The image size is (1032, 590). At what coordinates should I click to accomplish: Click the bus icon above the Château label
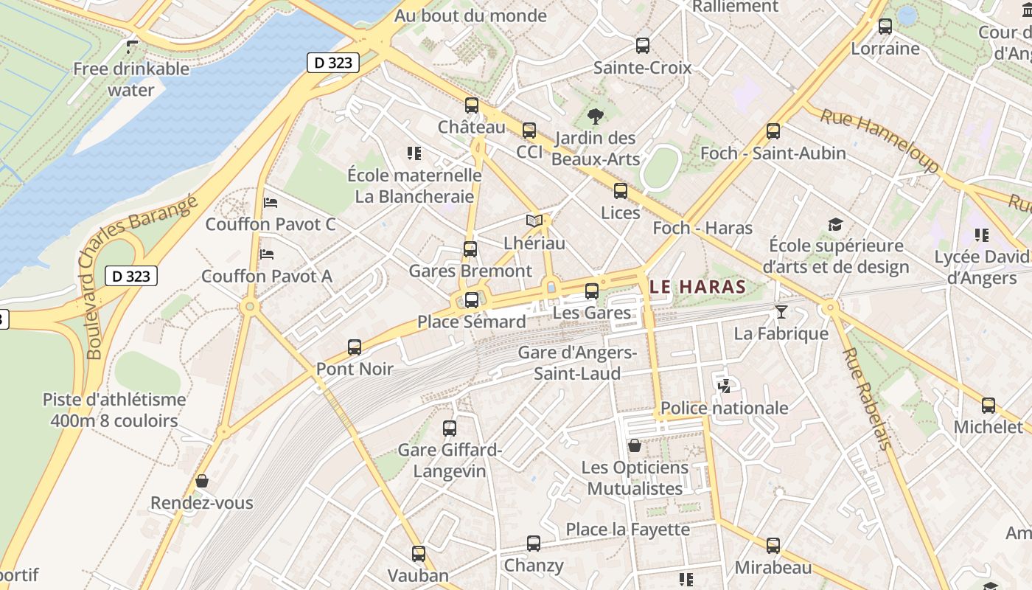[x=472, y=105]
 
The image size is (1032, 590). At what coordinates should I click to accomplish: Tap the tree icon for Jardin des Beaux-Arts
[x=595, y=116]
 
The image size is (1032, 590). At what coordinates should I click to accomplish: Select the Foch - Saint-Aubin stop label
[x=773, y=153]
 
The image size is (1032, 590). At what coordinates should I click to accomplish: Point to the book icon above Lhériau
[x=534, y=221]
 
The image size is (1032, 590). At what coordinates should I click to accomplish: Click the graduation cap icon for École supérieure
[x=835, y=224]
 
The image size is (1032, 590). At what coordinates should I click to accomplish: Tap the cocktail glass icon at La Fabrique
[x=781, y=312]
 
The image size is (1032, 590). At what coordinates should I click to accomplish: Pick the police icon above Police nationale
[x=724, y=386]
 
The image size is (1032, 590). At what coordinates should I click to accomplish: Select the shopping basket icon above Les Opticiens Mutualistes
[x=635, y=445]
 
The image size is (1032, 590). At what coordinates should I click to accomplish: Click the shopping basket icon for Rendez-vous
[x=202, y=481]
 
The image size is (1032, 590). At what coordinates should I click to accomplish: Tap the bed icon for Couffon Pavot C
[x=271, y=202]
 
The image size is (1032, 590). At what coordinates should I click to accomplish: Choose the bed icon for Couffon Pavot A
[x=267, y=254]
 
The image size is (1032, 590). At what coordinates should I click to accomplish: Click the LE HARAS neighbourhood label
[x=698, y=287]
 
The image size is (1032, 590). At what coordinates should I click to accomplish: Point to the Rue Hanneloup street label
[x=879, y=140]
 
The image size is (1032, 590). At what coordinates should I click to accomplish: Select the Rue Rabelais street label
[x=867, y=398]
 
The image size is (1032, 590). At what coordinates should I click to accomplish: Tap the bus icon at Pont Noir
[x=355, y=347]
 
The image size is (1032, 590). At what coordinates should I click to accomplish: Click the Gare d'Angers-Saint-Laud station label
[x=577, y=363]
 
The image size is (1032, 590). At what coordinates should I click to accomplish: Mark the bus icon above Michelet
[x=988, y=405]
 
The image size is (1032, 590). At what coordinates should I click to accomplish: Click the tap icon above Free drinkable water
[x=132, y=47]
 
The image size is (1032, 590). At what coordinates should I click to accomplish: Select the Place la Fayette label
[x=627, y=530]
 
